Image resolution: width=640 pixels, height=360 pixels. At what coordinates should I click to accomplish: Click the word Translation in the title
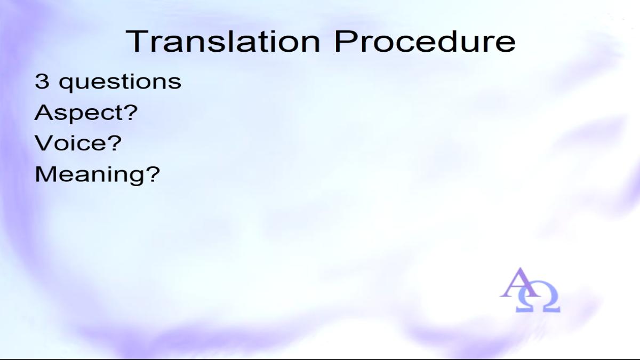(x=223, y=42)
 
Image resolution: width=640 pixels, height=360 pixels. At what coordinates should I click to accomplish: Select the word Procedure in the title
(x=425, y=42)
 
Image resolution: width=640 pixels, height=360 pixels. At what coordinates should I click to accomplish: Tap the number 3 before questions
(x=42, y=81)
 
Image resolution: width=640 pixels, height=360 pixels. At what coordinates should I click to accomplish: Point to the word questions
(x=119, y=83)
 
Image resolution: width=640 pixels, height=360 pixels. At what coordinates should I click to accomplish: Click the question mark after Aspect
(x=130, y=112)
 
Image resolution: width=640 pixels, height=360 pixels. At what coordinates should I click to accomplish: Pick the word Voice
(x=69, y=142)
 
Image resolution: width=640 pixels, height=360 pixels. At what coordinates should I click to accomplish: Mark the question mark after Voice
(x=114, y=142)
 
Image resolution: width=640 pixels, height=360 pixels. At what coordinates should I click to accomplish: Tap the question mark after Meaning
(x=153, y=174)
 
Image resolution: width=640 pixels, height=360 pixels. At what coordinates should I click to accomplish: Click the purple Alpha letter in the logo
(x=520, y=282)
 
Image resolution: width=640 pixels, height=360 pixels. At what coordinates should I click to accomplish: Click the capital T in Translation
(x=136, y=42)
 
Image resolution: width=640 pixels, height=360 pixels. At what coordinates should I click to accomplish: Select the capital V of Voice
(x=44, y=142)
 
